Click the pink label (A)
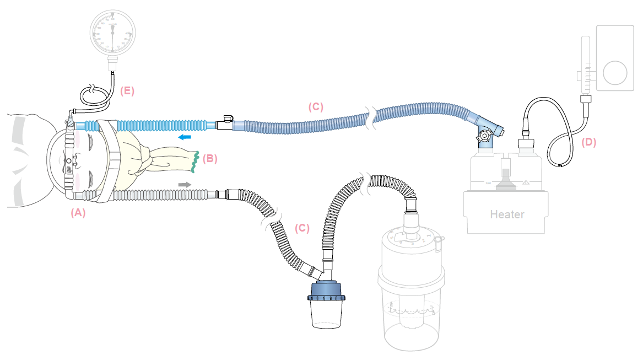[x=78, y=212]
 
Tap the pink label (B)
[x=210, y=159]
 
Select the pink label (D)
[x=588, y=142]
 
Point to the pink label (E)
[x=127, y=92]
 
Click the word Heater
[x=507, y=214]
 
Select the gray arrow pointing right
[x=185, y=184]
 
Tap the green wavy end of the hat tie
[x=194, y=160]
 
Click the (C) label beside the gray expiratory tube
[x=302, y=228]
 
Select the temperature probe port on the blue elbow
[x=484, y=135]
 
